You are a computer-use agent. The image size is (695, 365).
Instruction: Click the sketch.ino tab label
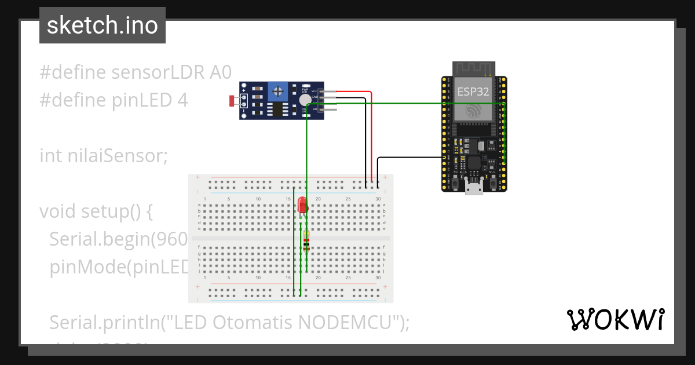(103, 25)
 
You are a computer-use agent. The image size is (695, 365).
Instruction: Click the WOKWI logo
(614, 319)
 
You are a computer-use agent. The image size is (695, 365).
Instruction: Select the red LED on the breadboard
(301, 205)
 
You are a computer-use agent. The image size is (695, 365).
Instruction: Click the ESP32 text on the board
(473, 92)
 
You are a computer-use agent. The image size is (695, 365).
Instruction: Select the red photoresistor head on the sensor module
(233, 101)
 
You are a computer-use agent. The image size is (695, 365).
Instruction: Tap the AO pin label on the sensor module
(314, 109)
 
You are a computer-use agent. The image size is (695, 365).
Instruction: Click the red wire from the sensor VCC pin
(371, 133)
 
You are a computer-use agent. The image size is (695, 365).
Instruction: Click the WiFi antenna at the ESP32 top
(473, 68)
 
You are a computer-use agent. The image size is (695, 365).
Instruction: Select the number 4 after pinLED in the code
(182, 100)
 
